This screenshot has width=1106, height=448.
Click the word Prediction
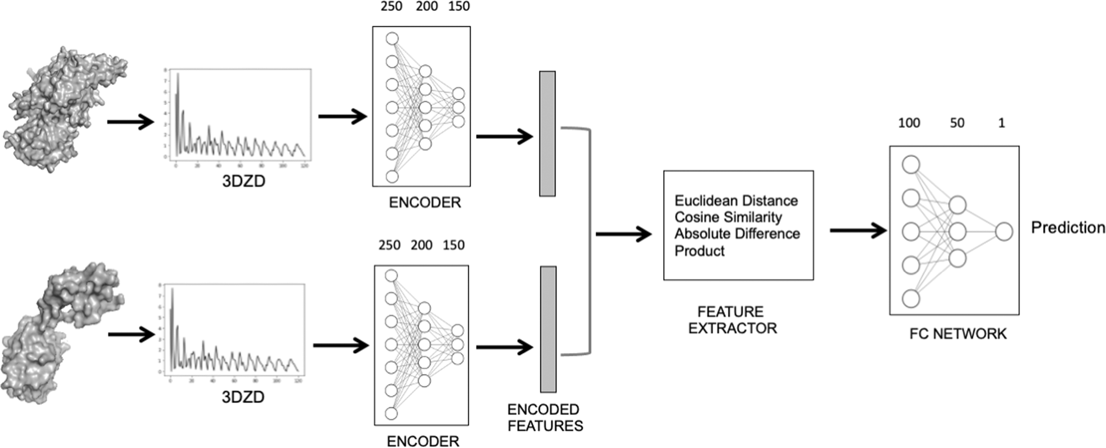pyautogui.click(x=1068, y=227)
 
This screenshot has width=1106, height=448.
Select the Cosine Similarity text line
pyautogui.click(x=728, y=217)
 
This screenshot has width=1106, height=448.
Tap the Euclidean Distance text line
pyautogui.click(x=736, y=201)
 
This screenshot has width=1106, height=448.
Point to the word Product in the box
pyautogui.click(x=699, y=251)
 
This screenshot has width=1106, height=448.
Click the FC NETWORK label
pyautogui.click(x=958, y=333)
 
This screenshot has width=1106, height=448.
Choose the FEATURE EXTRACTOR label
pyautogui.click(x=732, y=320)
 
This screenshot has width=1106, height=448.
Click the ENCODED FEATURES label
pyautogui.click(x=544, y=417)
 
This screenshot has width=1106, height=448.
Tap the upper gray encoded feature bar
pyautogui.click(x=547, y=133)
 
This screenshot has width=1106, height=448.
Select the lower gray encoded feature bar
pyautogui.click(x=548, y=329)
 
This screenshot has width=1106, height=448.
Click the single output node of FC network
pyautogui.click(x=1004, y=232)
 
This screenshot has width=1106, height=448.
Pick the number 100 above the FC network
pyautogui.click(x=909, y=123)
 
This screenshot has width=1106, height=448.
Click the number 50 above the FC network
pyautogui.click(x=957, y=123)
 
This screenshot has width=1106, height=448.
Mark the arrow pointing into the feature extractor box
pyautogui.click(x=623, y=234)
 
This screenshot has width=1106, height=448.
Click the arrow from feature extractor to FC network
pyautogui.click(x=858, y=230)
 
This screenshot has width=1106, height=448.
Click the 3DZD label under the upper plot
pyautogui.click(x=243, y=181)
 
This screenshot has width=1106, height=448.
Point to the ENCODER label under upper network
pyautogui.click(x=424, y=202)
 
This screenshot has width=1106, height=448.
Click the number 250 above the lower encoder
pyautogui.click(x=389, y=245)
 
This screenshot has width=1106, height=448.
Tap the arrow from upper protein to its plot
pyautogui.click(x=130, y=122)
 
